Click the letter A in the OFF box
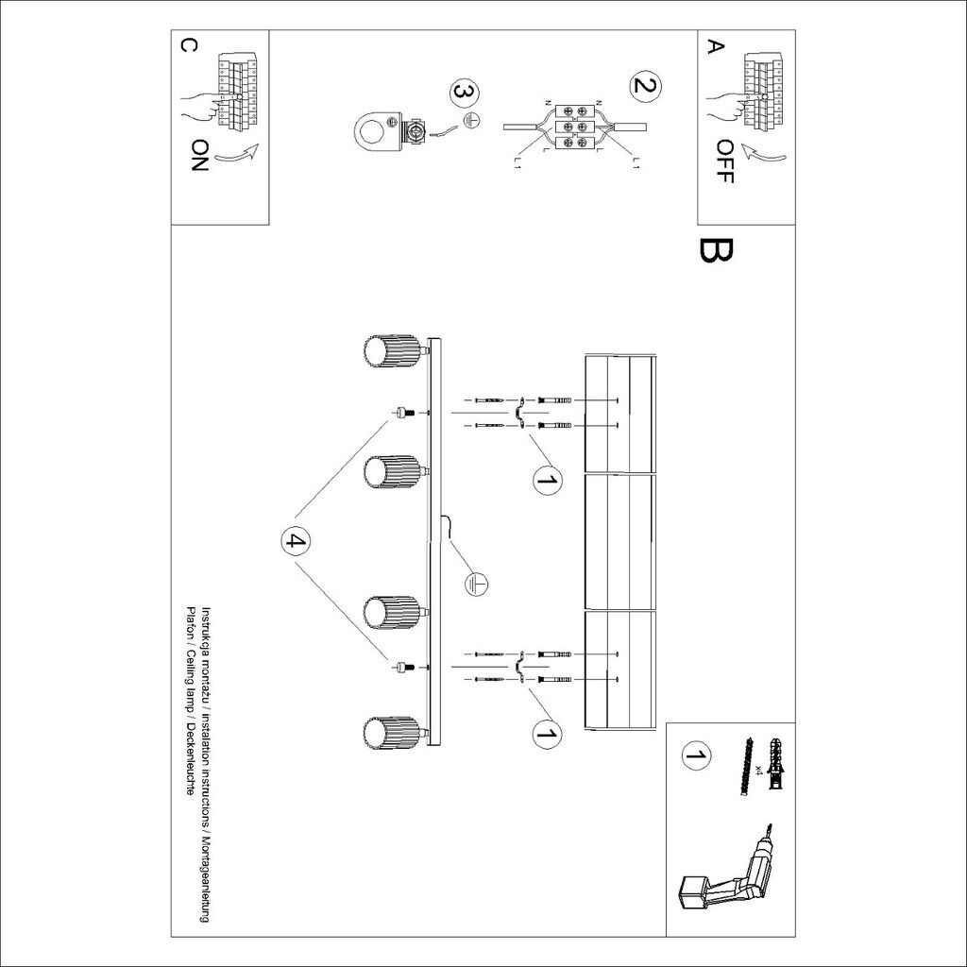point(716,46)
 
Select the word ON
point(198,155)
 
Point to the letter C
point(187,46)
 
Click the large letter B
point(715,251)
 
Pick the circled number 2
point(645,87)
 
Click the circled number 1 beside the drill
point(697,755)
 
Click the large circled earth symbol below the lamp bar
point(475,584)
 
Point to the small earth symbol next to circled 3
point(475,121)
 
